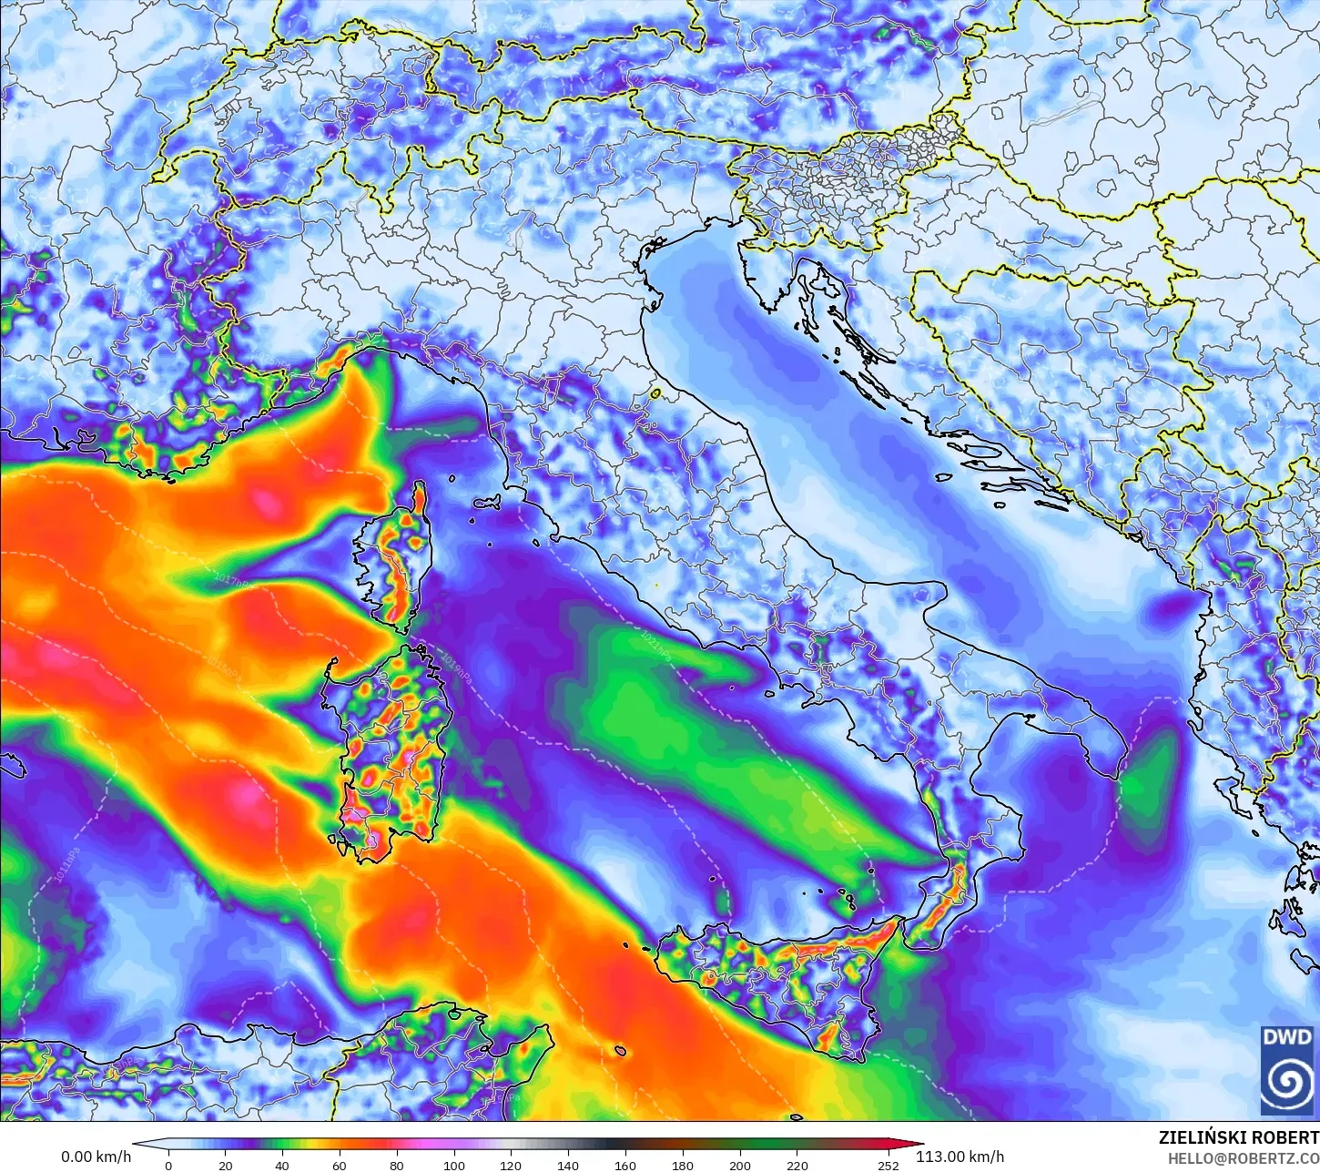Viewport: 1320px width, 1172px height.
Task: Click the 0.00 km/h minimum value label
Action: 96,1157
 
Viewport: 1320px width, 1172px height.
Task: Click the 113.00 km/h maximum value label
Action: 960,1157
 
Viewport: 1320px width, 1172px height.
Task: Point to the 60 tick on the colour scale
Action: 340,1165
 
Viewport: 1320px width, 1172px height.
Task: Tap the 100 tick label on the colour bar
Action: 453,1165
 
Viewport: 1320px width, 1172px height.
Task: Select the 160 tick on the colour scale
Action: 624,1165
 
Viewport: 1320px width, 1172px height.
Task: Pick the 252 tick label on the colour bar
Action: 888,1165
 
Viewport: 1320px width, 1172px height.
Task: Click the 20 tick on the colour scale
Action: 225,1165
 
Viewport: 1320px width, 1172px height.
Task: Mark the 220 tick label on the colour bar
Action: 797,1165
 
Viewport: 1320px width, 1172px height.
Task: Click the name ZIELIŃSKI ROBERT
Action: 1238,1137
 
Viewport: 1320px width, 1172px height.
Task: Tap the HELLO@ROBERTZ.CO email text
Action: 1244,1158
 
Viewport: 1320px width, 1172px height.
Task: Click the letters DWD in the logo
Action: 1287,1037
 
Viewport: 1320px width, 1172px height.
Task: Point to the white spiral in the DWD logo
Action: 1287,1082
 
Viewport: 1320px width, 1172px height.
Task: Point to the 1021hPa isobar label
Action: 655,643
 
